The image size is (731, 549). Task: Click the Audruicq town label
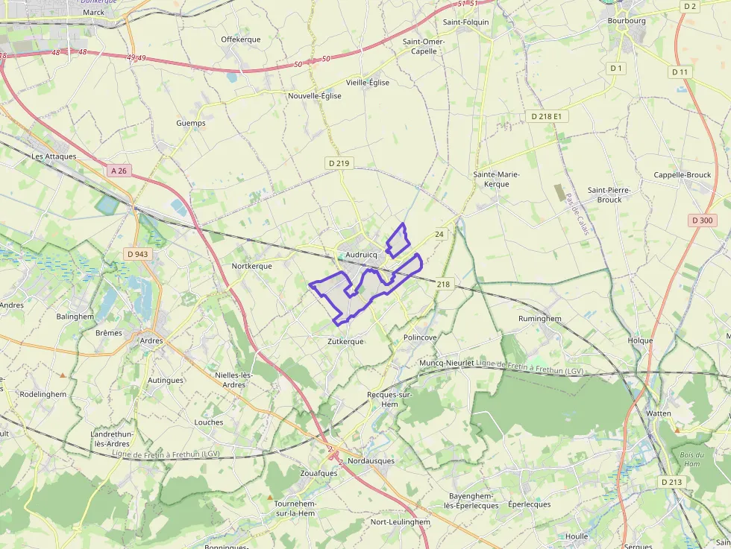(x=362, y=254)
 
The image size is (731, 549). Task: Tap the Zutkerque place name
(x=346, y=341)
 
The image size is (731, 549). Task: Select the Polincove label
(x=420, y=337)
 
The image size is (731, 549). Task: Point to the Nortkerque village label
(x=252, y=266)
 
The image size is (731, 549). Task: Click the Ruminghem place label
(x=539, y=318)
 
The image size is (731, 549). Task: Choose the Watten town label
(x=659, y=413)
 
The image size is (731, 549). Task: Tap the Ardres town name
(x=151, y=341)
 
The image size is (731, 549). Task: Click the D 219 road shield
(x=338, y=163)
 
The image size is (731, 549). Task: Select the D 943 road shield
(x=138, y=254)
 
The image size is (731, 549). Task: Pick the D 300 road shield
(x=702, y=220)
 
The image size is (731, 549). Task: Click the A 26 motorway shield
(x=119, y=171)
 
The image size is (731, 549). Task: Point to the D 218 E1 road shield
(x=547, y=116)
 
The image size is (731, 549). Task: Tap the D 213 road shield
(x=671, y=482)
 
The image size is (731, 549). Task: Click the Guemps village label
(x=191, y=123)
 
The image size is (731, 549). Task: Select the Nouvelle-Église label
(x=315, y=96)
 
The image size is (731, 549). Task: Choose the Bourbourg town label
(x=627, y=21)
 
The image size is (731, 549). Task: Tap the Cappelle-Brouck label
(x=683, y=175)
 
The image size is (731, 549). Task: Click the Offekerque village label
(x=240, y=39)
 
